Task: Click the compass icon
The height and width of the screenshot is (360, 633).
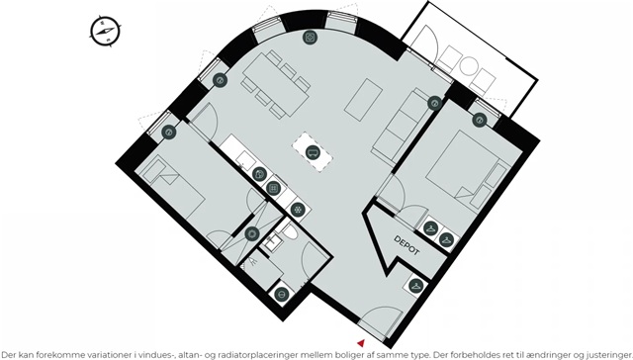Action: (105, 31)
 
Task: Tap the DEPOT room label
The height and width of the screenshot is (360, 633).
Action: (407, 245)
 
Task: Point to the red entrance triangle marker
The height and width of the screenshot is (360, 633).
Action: (361, 343)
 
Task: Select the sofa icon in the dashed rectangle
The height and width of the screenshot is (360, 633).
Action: (313, 152)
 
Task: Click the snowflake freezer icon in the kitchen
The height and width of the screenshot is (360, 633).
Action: (298, 210)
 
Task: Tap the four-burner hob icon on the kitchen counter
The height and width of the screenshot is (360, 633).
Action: (274, 188)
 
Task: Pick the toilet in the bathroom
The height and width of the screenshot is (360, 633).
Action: (289, 230)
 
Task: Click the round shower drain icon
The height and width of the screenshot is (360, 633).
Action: (252, 233)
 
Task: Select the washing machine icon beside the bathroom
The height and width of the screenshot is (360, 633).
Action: (281, 294)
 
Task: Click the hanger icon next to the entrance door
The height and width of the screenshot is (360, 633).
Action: (415, 286)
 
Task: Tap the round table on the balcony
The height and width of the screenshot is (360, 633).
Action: (469, 66)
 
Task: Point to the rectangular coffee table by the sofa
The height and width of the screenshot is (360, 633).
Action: (363, 100)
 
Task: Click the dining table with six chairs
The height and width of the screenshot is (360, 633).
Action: (276, 84)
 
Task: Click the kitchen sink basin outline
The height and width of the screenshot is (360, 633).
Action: (244, 159)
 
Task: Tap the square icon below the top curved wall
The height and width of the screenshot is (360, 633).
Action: (310, 38)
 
